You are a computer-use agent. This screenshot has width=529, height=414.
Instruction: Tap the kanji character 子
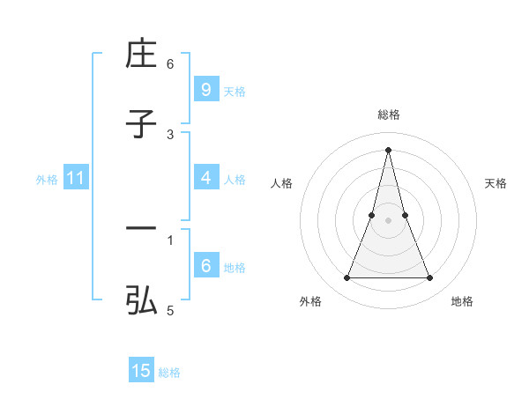point(142,125)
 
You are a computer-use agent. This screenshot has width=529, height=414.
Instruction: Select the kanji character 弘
point(142,301)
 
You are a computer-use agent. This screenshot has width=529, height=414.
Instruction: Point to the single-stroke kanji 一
point(142,230)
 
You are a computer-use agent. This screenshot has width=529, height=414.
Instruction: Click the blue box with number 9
point(205,90)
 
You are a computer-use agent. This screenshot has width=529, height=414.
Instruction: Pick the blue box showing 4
point(205,178)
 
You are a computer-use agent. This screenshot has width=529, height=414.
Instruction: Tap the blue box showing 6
point(205,266)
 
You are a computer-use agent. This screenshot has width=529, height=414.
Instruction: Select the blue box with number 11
point(75,179)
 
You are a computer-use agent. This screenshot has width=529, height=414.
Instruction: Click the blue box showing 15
point(141,372)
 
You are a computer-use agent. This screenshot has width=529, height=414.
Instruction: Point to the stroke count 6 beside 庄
point(170,63)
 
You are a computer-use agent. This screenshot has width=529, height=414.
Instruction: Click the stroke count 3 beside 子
point(170,134)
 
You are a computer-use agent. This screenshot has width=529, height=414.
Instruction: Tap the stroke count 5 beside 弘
point(170,310)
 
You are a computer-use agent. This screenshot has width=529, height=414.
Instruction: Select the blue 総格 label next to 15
point(169,373)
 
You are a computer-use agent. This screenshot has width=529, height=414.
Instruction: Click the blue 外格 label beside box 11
point(47,180)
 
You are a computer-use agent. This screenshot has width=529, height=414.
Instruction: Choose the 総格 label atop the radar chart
point(388,115)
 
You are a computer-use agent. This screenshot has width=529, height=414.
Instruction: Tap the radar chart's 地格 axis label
point(462,301)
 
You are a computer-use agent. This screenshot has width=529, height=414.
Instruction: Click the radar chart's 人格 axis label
point(282,183)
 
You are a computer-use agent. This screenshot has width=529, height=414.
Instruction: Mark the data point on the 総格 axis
point(388,149)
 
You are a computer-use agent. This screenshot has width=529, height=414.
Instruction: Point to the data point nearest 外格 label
point(346,278)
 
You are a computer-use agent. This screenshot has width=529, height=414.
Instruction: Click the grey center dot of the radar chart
point(388,220)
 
